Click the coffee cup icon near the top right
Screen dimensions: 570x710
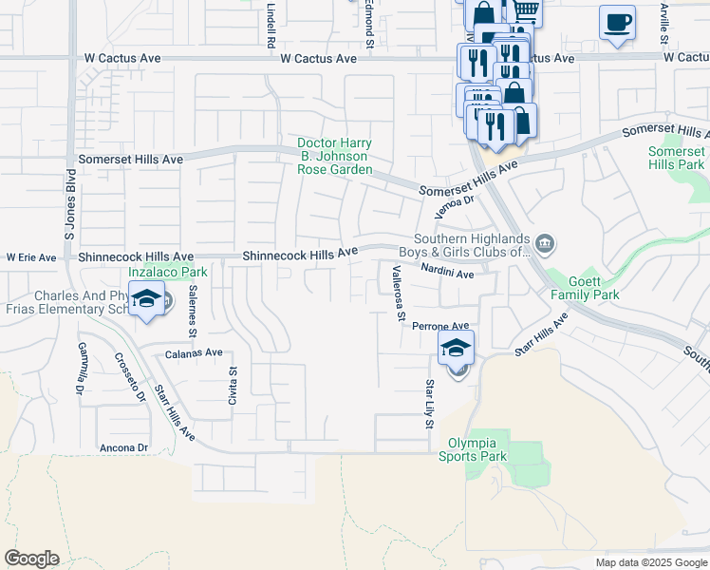tap(617, 22)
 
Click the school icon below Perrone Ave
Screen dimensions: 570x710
tap(457, 349)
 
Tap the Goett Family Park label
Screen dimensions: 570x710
tap(585, 288)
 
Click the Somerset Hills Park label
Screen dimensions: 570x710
tap(677, 158)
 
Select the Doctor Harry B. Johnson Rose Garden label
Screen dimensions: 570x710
tap(334, 156)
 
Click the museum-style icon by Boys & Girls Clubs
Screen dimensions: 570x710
tap(545, 244)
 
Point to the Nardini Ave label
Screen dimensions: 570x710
tap(447, 275)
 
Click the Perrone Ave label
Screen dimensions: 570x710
tap(440, 326)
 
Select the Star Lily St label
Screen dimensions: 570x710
tap(430, 403)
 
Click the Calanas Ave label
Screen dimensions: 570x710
tap(194, 351)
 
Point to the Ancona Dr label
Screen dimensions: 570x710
tap(124, 447)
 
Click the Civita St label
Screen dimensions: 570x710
tap(232, 386)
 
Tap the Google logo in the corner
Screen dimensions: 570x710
tap(31, 559)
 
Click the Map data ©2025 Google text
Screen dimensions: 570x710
tap(650, 562)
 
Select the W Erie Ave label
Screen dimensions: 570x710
tap(31, 257)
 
